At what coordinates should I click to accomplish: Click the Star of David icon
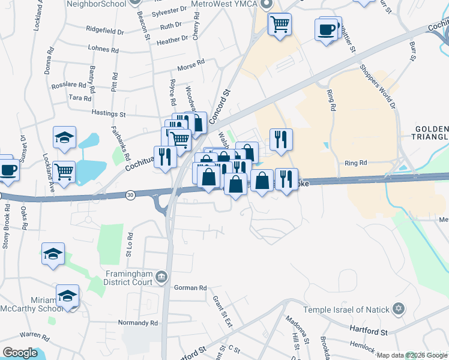[x=399, y=310]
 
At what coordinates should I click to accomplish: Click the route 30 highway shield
[x=131, y=194]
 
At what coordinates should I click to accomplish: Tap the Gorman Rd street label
[x=190, y=288]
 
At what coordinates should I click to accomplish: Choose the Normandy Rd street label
[x=138, y=323]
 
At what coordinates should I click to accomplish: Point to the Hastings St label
[x=108, y=113]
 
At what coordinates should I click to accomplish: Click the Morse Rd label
[x=191, y=64]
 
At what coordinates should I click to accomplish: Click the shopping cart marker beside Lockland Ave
[x=64, y=172]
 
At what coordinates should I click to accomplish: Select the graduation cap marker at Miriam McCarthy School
[x=67, y=296]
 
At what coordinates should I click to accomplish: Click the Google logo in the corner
[x=19, y=353]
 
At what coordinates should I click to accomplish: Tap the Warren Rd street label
[x=34, y=334]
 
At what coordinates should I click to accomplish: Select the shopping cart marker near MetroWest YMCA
[x=279, y=25]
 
